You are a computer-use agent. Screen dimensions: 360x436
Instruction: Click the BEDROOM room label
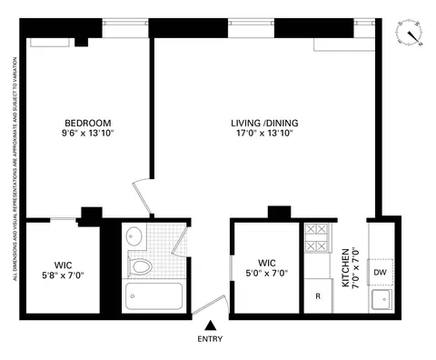87,123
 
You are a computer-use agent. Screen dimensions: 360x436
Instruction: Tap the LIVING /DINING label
264,123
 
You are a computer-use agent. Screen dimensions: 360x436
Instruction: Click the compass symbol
411,34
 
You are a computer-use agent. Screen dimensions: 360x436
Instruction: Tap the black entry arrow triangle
210,325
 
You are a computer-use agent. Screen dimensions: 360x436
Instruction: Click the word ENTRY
210,339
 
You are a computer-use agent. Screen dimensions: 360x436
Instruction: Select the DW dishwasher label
381,273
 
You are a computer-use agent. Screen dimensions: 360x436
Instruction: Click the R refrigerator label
318,296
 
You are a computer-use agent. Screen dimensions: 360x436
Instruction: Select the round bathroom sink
134,236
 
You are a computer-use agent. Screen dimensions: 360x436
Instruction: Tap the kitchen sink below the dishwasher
381,298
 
